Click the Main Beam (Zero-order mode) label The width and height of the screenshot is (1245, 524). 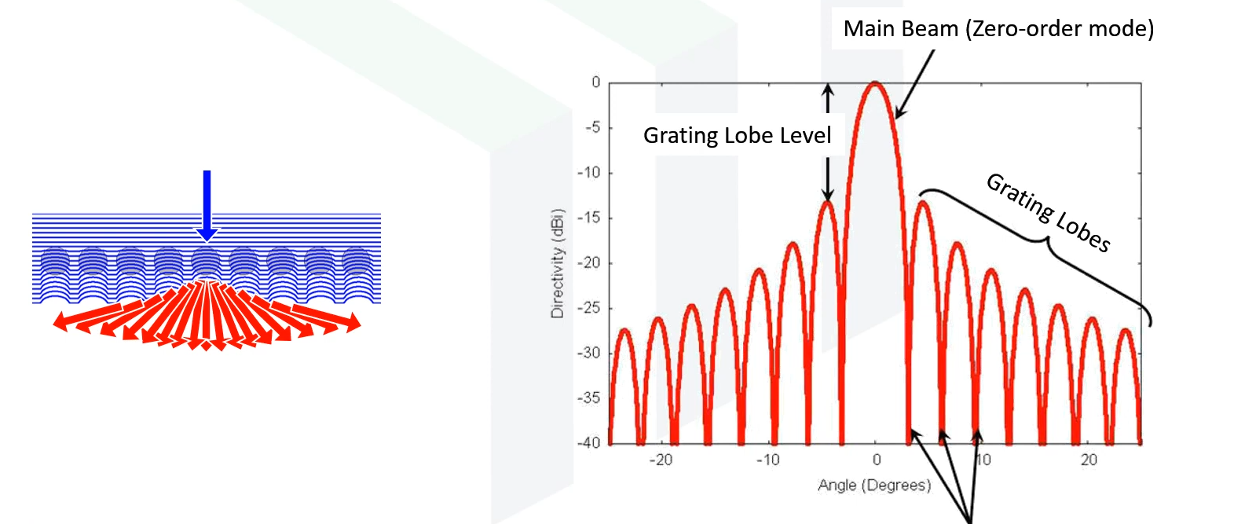[998, 29]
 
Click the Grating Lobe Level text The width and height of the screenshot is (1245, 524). [737, 136]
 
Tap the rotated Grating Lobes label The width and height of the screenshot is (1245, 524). [1048, 212]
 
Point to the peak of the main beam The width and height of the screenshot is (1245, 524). [876, 83]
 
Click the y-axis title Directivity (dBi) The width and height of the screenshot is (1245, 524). [558, 263]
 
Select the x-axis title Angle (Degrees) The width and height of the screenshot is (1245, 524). [874, 486]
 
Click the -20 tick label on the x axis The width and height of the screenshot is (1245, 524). [660, 460]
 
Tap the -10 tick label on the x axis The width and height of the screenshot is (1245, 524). [767, 460]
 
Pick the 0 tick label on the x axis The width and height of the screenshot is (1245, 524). [877, 460]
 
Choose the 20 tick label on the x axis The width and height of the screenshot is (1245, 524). [1089, 460]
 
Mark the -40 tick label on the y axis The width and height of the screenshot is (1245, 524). [591, 443]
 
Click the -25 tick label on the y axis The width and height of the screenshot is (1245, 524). [591, 308]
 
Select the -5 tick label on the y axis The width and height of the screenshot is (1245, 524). [594, 127]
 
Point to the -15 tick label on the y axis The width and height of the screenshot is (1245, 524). [591, 218]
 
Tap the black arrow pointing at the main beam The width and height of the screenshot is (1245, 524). [915, 83]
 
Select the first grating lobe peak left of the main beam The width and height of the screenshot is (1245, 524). [827, 203]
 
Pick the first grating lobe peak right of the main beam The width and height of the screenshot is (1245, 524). [924, 203]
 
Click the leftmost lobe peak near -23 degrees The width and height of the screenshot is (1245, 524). [624, 331]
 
